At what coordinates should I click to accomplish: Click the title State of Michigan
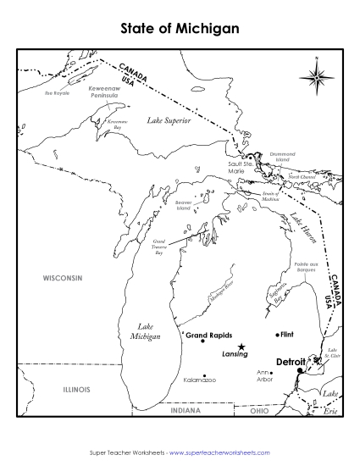click(x=180, y=28)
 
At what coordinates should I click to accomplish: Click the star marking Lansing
click(x=242, y=346)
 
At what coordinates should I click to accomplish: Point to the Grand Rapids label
click(x=208, y=335)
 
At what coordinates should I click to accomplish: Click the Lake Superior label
click(x=169, y=122)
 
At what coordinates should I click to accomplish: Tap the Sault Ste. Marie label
click(x=230, y=168)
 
